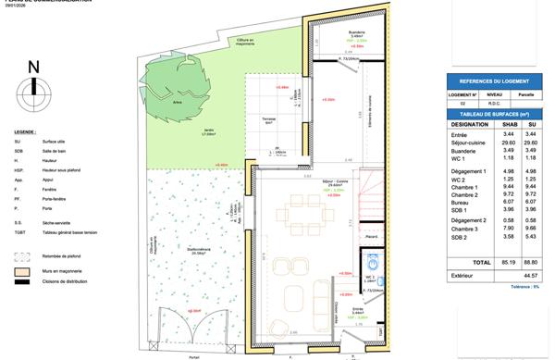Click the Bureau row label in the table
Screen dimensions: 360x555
(x=461, y=201)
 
